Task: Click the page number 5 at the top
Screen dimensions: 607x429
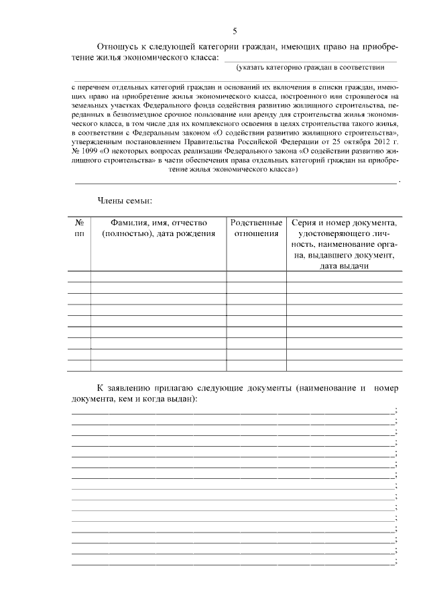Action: (x=235, y=31)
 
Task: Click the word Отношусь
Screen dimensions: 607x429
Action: (x=118, y=48)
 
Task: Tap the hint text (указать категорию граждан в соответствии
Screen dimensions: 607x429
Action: (x=310, y=68)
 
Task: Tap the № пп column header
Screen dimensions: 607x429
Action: (x=79, y=228)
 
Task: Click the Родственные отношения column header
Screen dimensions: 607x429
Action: (x=256, y=228)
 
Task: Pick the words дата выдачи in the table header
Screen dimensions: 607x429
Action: (x=345, y=266)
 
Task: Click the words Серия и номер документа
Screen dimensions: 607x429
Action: (x=345, y=223)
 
